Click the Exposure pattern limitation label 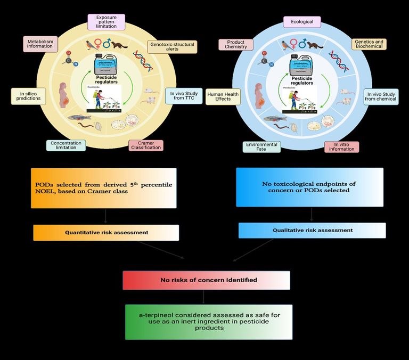coord(107,22)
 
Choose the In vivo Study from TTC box coord(184,96)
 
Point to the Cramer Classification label coord(145,145)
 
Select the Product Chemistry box coord(236,44)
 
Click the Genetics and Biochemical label coord(369,44)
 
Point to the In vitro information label coord(341,146)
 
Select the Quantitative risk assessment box coord(106,233)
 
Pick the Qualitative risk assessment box coord(312,231)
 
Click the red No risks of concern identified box coord(206,280)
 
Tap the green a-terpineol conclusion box coord(209,322)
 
